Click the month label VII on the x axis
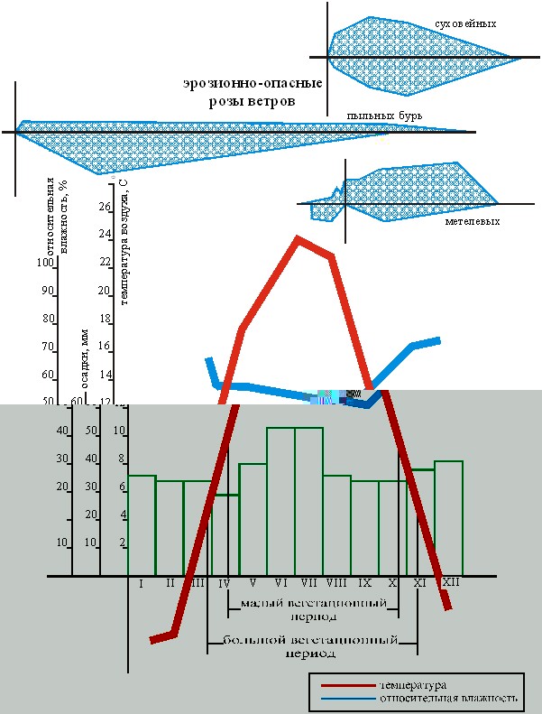tap(308, 583)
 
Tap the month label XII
tap(450, 583)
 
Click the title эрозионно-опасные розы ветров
tap(252, 93)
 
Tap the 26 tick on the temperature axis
tap(104, 207)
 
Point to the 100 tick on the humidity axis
tap(45, 263)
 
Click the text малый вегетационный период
tap(309, 609)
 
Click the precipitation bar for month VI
tap(280, 501)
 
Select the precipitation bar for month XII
tap(448, 518)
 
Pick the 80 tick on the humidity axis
tap(48, 319)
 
